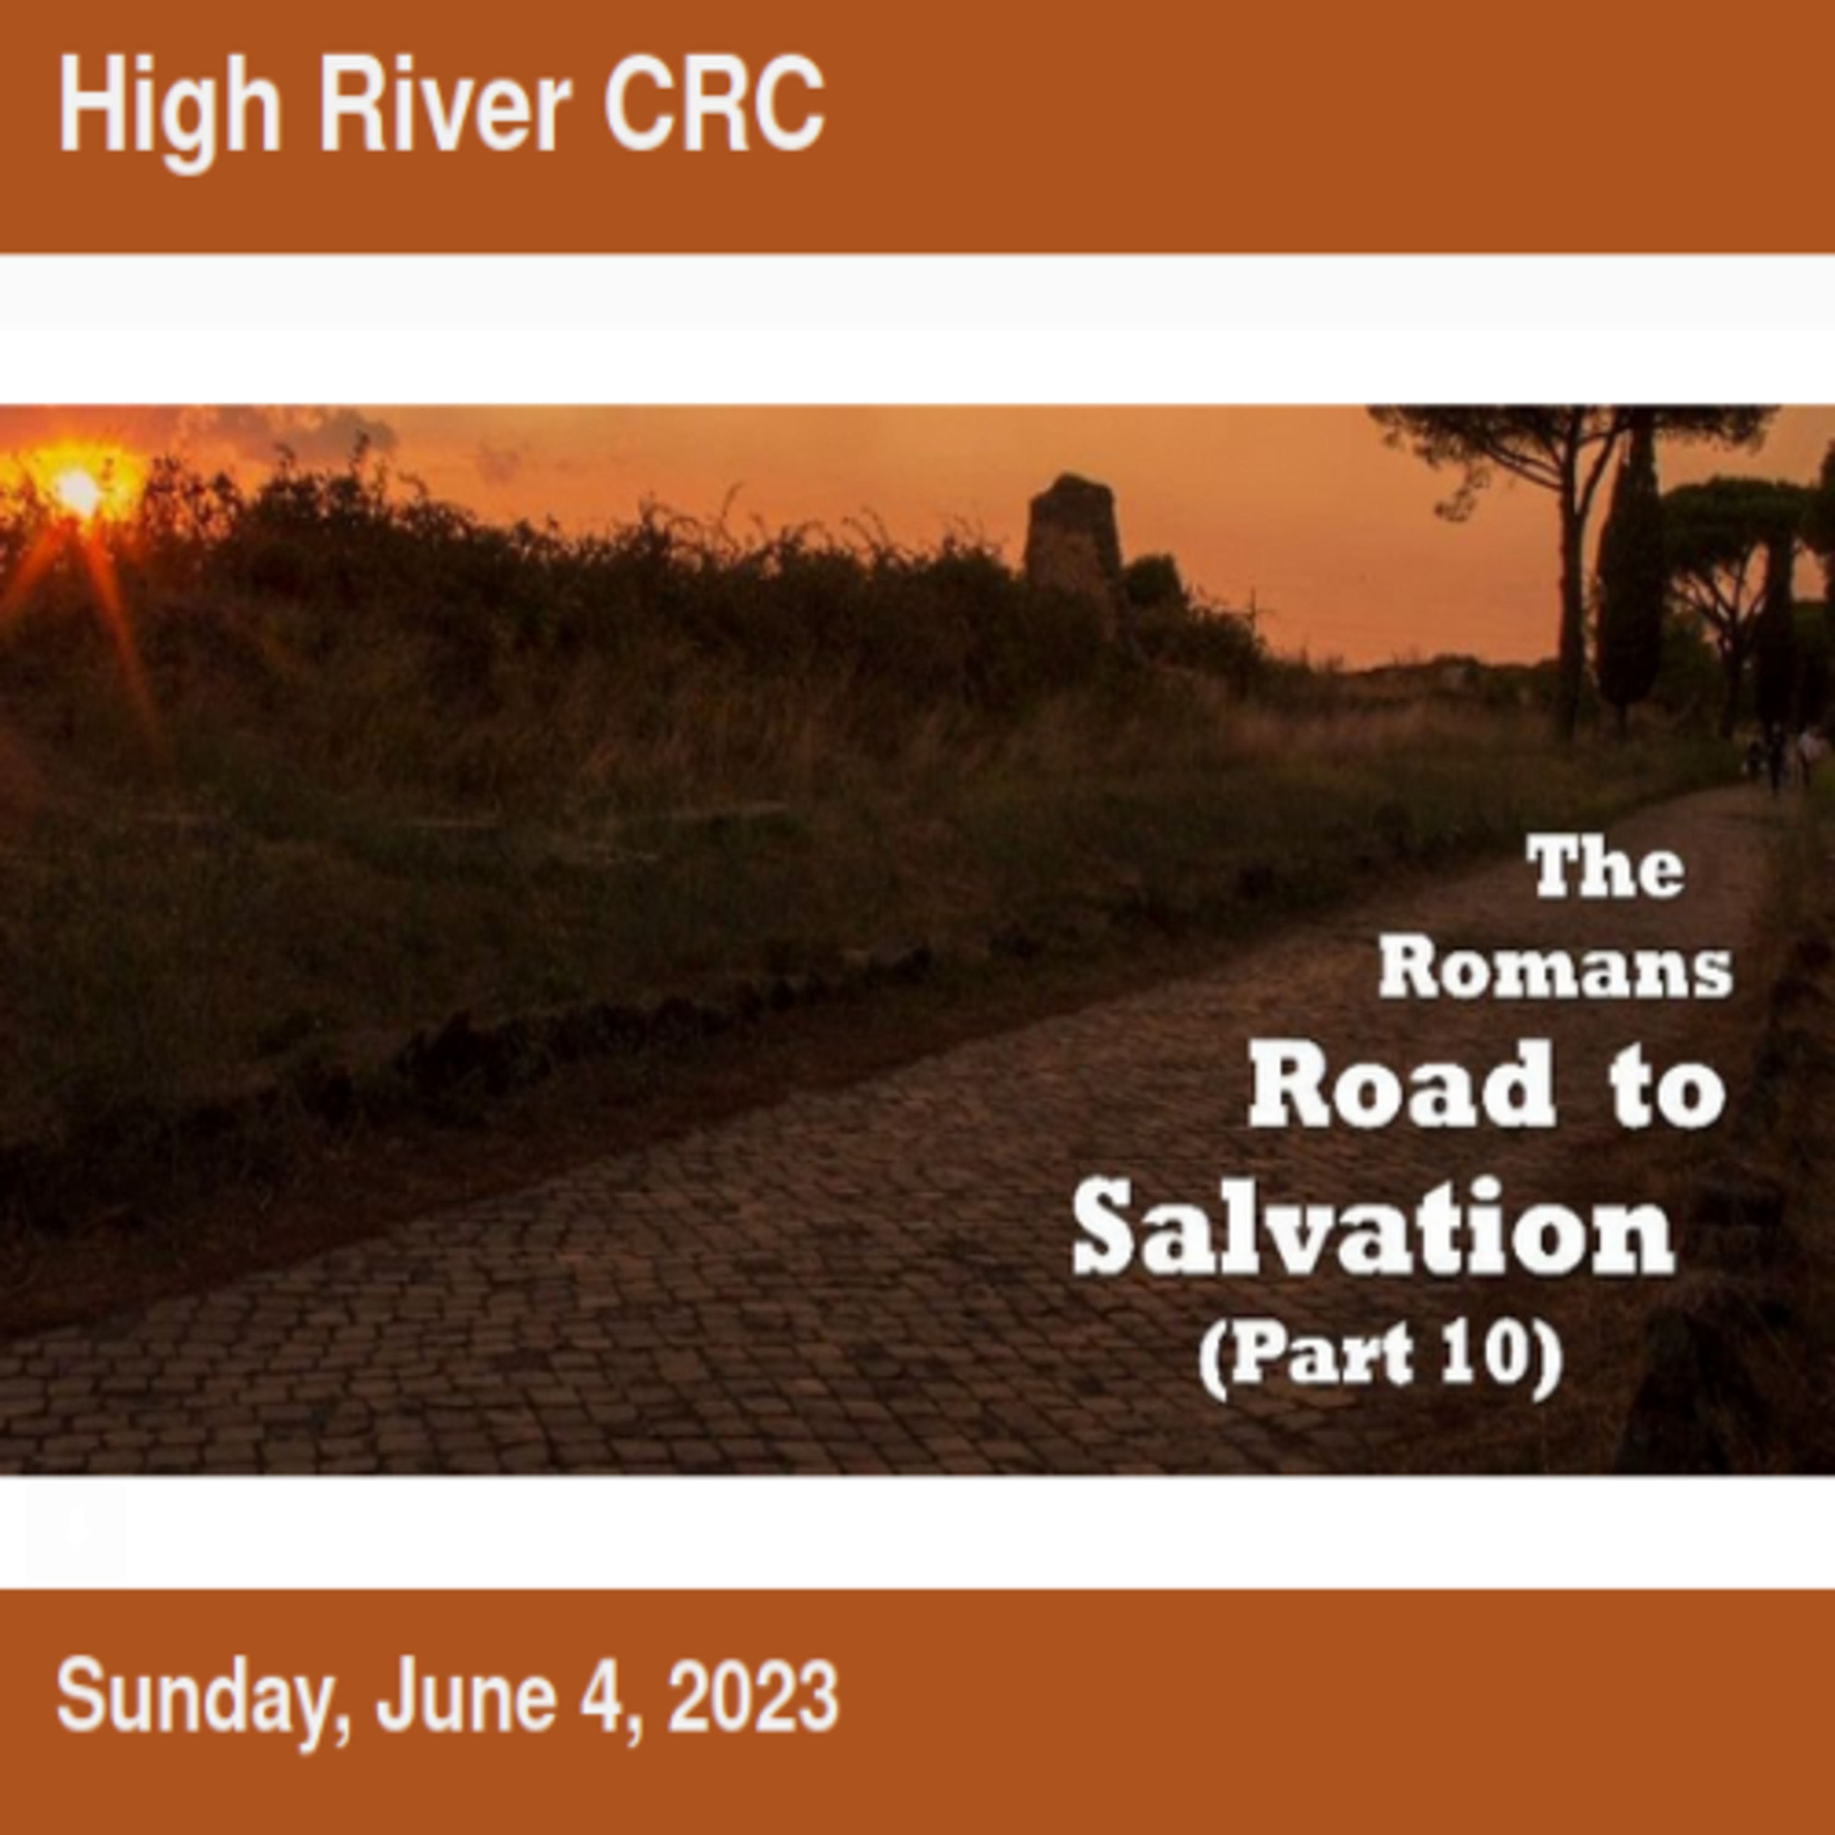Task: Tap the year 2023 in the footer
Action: click(753, 1696)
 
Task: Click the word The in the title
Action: click(1606, 867)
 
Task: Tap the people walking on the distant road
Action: click(1785, 755)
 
